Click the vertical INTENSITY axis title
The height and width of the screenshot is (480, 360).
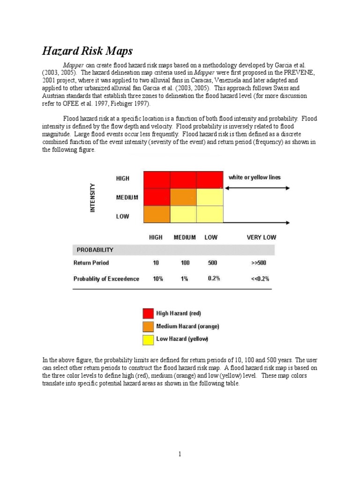coord(92,197)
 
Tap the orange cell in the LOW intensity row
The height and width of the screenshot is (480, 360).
coord(157,214)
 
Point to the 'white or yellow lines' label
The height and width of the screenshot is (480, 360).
coord(255,177)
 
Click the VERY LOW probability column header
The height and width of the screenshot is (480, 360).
coord(261,237)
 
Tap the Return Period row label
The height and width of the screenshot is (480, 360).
coord(91,263)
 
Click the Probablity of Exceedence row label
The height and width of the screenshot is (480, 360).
coord(106,279)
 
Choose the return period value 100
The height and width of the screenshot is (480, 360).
coord(185,263)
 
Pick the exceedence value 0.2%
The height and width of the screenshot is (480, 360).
coord(214,278)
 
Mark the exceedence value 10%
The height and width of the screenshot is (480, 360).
coord(158,279)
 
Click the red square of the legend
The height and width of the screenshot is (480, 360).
coord(148,314)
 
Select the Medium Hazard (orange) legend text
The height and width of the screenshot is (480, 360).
coord(187,326)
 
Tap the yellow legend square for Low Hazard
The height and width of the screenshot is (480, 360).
coord(148,339)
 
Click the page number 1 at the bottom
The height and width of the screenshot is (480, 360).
coord(180,454)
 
